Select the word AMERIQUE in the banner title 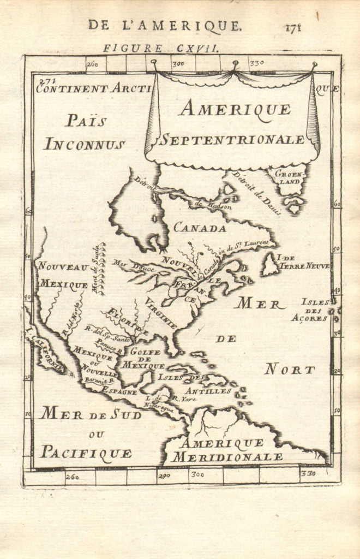pos(235,109)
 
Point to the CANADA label pos(200,228)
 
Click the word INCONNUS pos(85,145)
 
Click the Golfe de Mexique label pos(145,358)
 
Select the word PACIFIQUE pos(86,453)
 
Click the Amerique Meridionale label pos(226,450)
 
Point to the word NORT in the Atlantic pos(290,370)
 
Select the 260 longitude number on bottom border pos(71,477)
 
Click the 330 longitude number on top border pos(256,63)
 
